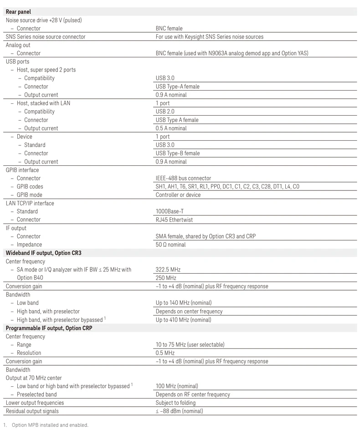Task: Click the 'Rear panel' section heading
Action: pos(18,12)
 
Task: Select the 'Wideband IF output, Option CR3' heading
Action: pos(44,253)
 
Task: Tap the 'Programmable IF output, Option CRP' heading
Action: pos(49,328)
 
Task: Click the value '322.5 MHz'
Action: pos(168,270)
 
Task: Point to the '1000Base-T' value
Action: pos(170,211)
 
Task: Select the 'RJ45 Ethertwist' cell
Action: pos(174,220)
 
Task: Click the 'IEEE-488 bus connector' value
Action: pos(183,178)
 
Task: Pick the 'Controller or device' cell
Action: pos(178,195)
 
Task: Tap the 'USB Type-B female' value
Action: pos(178,153)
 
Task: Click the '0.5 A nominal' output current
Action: pos(171,128)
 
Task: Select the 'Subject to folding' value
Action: pos(175,403)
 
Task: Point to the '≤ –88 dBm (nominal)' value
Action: pos(179,411)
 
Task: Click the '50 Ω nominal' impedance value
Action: pos(171,245)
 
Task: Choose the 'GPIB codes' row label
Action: pos(30,187)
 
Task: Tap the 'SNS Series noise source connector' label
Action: pos(46,37)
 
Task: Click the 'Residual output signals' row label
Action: pos(32,411)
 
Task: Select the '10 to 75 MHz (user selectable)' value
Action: pos(190,345)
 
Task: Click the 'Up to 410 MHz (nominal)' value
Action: pos(184,320)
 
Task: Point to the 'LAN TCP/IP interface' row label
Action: pos(30,203)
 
